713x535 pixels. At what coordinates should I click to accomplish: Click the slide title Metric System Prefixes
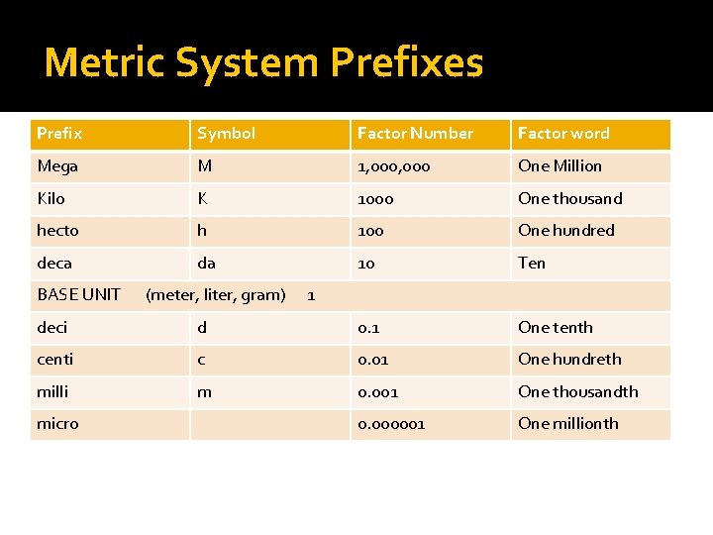(x=263, y=62)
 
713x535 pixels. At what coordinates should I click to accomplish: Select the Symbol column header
(x=226, y=134)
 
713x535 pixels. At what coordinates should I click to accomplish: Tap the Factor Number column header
(x=415, y=134)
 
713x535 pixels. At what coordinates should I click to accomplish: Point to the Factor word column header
(x=563, y=134)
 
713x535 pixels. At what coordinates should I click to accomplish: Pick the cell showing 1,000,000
(x=393, y=166)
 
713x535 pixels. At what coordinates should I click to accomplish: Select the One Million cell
(x=560, y=165)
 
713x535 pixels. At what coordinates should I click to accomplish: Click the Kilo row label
(x=51, y=198)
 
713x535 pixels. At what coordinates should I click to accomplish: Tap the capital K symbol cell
(x=202, y=198)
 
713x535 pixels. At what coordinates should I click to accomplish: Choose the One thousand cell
(x=569, y=198)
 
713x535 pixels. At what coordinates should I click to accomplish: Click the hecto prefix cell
(x=57, y=230)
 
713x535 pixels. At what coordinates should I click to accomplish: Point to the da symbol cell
(x=206, y=263)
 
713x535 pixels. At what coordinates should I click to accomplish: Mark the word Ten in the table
(x=531, y=263)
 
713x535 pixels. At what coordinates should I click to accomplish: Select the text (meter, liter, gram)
(x=215, y=294)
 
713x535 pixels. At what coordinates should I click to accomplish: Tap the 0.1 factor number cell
(x=368, y=327)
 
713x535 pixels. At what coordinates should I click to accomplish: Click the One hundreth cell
(x=569, y=359)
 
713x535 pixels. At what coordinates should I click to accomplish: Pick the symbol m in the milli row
(x=204, y=391)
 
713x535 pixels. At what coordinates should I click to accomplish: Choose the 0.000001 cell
(x=391, y=423)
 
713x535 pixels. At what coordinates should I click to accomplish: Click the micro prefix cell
(x=57, y=423)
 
